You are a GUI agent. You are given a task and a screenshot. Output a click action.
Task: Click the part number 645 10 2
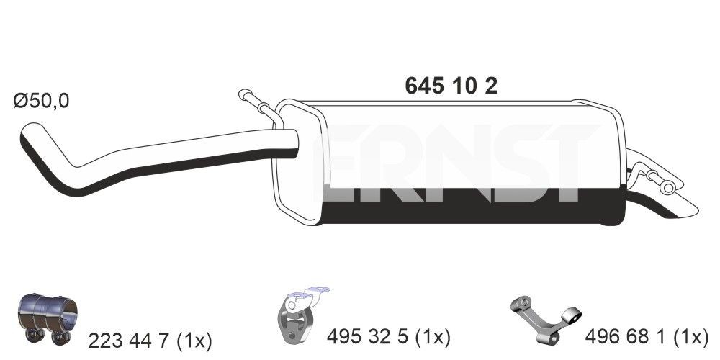[x=451, y=86]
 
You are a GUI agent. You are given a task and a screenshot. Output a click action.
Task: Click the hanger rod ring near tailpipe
[x=667, y=187]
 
